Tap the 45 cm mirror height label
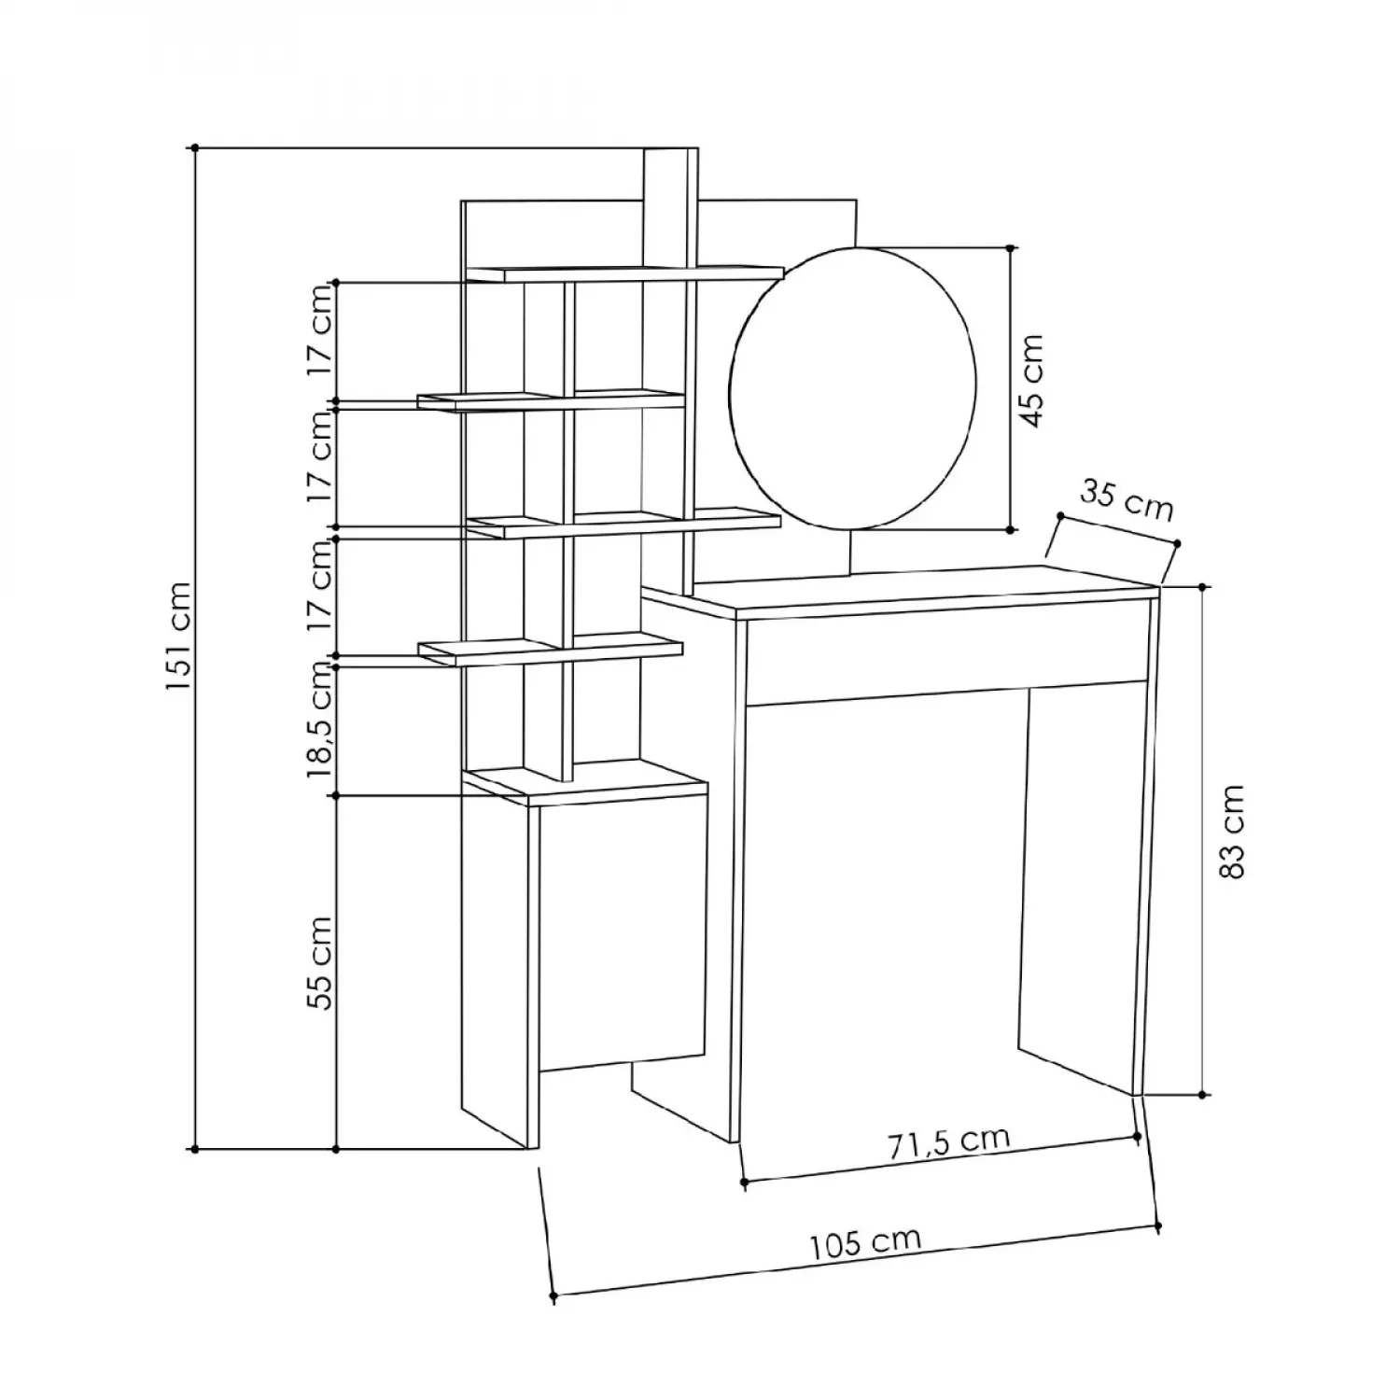(1030, 380)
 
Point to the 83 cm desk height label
(1232, 831)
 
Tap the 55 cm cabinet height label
(320, 962)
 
